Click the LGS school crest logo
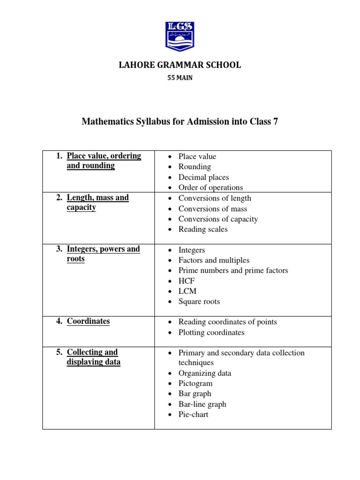pos(180,36)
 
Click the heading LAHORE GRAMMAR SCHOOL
pos(180,65)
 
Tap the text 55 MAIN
pos(180,78)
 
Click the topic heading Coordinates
pos(88,322)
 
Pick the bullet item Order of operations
pos(210,187)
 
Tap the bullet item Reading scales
pos(203,229)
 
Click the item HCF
pos(187,281)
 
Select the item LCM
pos(187,291)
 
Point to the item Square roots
pos(199,301)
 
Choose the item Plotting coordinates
pos(211,332)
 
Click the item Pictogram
pos(195,383)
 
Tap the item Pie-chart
pos(193,414)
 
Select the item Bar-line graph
pos(202,404)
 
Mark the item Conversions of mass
pos(213,209)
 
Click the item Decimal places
pos(203,177)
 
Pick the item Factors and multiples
pos(214,260)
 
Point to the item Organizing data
pos(204,373)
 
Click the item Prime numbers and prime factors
pos(233,270)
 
